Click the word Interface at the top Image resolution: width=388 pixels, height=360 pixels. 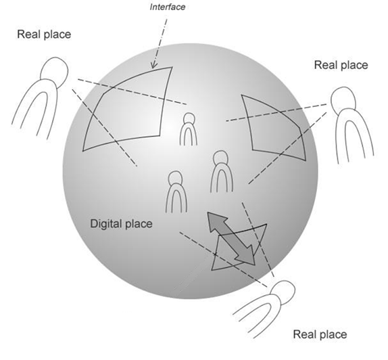[167, 7]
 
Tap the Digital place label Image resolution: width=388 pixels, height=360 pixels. [121, 224]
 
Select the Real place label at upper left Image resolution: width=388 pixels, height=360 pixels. [44, 35]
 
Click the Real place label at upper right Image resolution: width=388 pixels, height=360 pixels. [341, 65]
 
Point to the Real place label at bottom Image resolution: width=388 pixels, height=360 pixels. [320, 334]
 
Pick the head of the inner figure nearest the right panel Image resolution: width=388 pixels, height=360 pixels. [220, 158]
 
